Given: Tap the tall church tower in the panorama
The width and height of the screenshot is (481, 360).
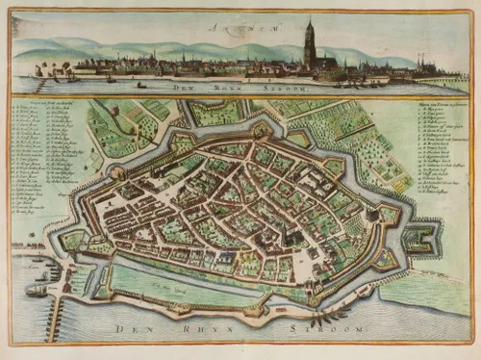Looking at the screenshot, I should pos(310,45).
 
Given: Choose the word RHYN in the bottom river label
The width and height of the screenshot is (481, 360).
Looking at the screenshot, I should pos(206,329).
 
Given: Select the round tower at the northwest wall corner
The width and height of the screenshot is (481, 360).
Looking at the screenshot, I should pos(118,173).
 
